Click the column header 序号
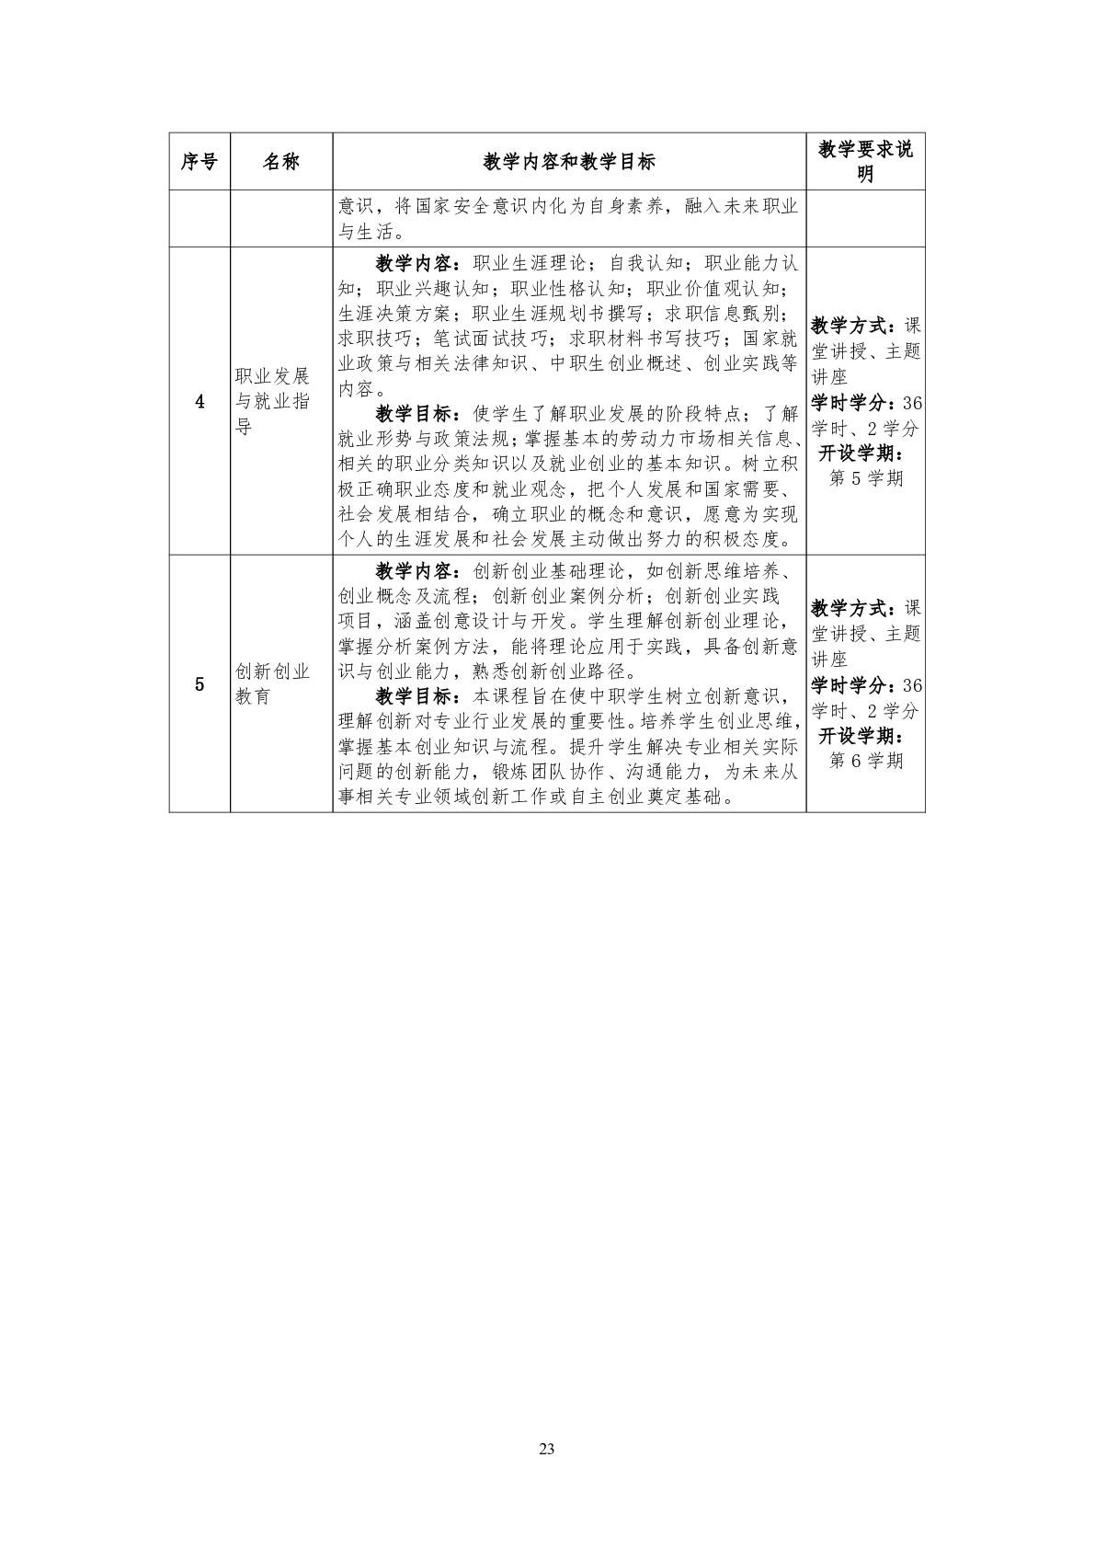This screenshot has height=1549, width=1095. (x=200, y=162)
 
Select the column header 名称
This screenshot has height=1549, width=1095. (x=281, y=162)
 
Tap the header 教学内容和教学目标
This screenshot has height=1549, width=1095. (x=569, y=162)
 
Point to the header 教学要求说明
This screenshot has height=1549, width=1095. (x=865, y=162)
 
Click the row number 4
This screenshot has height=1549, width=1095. (x=200, y=401)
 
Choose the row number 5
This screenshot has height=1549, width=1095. (x=200, y=683)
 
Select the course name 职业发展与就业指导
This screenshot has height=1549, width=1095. (x=273, y=401)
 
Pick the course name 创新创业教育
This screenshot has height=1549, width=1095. (x=273, y=683)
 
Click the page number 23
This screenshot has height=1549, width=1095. (x=547, y=1450)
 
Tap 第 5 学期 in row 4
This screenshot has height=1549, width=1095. (x=866, y=478)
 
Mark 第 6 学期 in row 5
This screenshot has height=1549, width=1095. (x=866, y=761)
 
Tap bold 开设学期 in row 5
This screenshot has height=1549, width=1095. (x=861, y=736)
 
